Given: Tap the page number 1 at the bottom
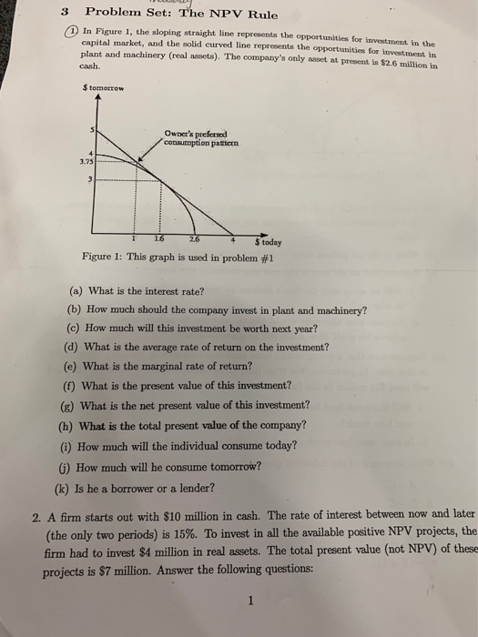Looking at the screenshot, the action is (239, 601).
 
